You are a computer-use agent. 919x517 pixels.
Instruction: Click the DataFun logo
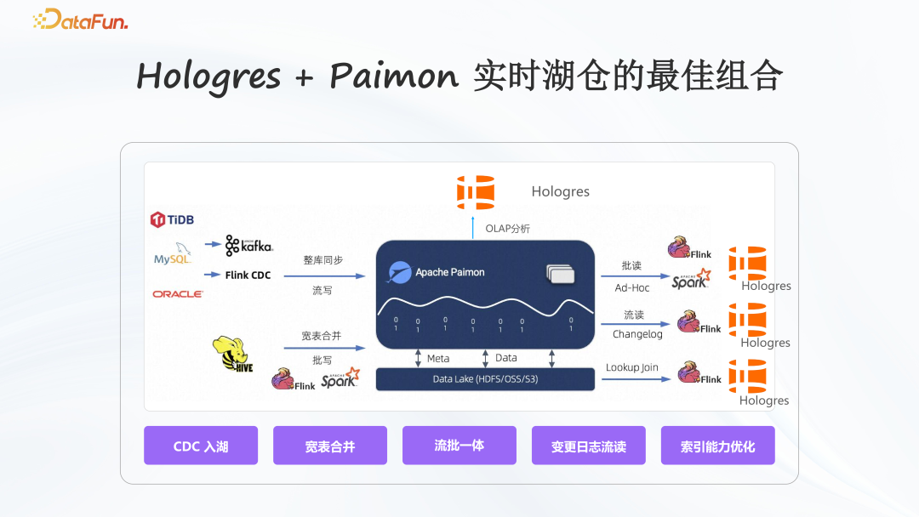pyautogui.click(x=80, y=20)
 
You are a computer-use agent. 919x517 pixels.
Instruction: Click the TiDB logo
pyautogui.click(x=172, y=219)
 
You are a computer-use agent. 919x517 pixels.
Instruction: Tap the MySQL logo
pyautogui.click(x=174, y=255)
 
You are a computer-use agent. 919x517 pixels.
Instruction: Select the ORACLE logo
pyautogui.click(x=178, y=294)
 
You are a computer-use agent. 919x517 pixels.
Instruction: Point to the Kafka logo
pyautogui.click(x=248, y=246)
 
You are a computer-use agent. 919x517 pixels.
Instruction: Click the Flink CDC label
pyautogui.click(x=248, y=276)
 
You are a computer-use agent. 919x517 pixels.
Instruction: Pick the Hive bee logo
pyautogui.click(x=235, y=353)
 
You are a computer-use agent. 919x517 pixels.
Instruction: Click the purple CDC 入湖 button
pyautogui.click(x=201, y=446)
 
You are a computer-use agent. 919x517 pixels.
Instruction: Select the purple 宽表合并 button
pyautogui.click(x=330, y=446)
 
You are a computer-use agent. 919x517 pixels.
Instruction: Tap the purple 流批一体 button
pyautogui.click(x=459, y=446)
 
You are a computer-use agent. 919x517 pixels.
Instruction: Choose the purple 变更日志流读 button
pyautogui.click(x=589, y=446)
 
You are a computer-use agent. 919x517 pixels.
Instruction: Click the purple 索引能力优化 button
pyautogui.click(x=718, y=446)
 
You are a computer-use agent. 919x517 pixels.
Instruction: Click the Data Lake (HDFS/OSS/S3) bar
pyautogui.click(x=485, y=379)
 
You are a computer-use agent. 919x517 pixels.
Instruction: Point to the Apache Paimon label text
pyautogui.click(x=450, y=272)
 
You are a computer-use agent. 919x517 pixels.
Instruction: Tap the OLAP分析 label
pyautogui.click(x=507, y=229)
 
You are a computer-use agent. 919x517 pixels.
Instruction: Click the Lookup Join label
pyautogui.click(x=632, y=368)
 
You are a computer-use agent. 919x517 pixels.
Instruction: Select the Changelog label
pyautogui.click(x=637, y=334)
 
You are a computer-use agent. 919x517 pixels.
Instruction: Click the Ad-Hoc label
pyautogui.click(x=632, y=287)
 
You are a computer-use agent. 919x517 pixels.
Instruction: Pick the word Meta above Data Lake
pyautogui.click(x=438, y=358)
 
